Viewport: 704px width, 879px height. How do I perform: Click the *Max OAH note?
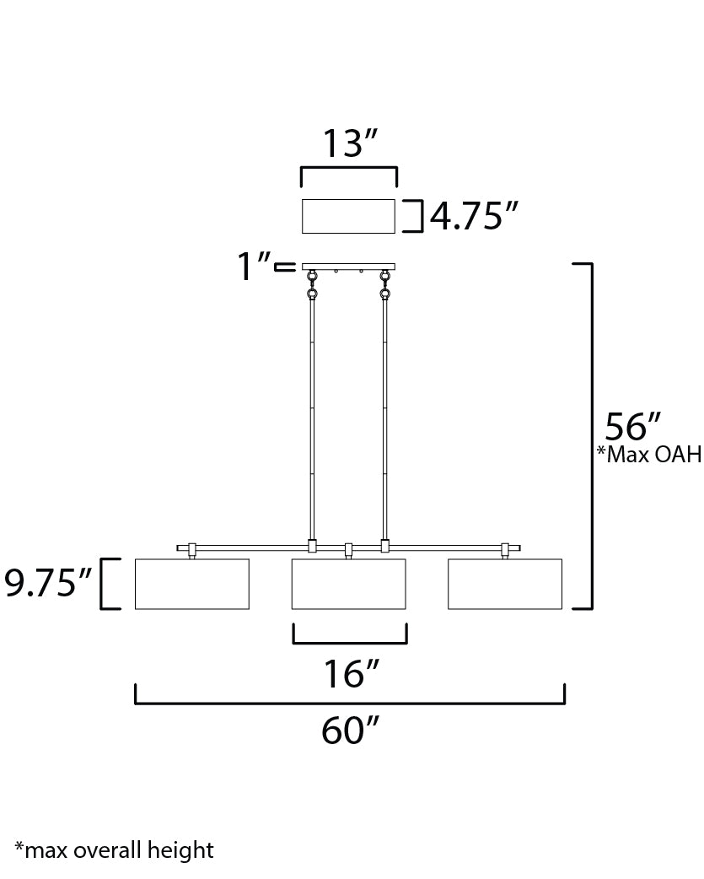click(649, 454)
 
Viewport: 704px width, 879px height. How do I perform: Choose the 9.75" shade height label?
click(47, 582)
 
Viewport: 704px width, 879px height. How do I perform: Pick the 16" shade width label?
click(352, 674)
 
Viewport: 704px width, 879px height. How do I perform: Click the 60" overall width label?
click(350, 731)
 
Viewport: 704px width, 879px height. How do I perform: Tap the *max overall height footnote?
click(115, 850)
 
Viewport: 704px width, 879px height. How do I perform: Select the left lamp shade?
click(192, 584)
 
